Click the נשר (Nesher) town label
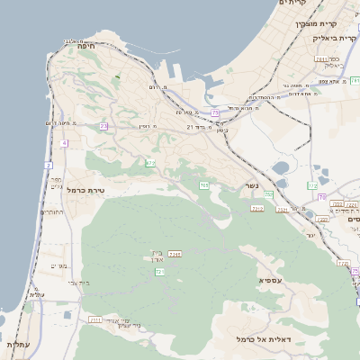(252, 186)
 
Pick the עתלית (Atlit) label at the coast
(18, 345)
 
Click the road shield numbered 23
(103, 127)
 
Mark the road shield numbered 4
(64, 143)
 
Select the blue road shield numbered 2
(48, 165)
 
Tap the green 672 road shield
(150, 163)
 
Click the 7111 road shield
(95, 319)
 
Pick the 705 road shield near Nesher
(204, 185)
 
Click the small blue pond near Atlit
(67, 315)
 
